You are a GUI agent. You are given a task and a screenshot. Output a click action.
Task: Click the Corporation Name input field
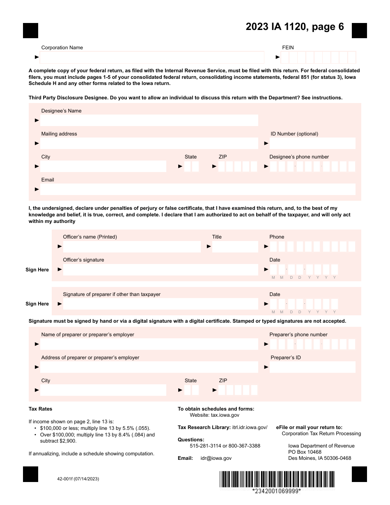152,57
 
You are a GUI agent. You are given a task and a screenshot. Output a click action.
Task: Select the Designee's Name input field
149,120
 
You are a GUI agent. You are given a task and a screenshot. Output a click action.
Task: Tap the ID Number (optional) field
312,143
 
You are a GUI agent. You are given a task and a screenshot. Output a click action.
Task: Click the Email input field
197,189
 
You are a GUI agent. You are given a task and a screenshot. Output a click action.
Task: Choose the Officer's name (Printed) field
132,246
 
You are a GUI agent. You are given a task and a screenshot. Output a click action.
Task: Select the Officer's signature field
161,270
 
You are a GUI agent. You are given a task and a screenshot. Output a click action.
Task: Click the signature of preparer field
161,304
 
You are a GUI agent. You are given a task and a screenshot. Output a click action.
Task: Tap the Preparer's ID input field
312,367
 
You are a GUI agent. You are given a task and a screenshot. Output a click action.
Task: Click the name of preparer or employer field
149,344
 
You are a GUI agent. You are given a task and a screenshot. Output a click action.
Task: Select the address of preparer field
149,367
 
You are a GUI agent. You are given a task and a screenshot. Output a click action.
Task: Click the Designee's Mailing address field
149,143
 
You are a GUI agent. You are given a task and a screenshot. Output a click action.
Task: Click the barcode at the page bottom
277,479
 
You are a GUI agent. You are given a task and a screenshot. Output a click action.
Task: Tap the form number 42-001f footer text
78,479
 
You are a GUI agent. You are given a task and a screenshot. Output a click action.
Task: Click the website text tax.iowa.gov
225,415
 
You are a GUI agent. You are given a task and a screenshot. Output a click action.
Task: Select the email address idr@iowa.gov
216,458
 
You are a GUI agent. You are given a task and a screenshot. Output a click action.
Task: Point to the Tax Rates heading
40,409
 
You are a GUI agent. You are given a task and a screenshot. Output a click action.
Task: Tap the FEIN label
288,48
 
